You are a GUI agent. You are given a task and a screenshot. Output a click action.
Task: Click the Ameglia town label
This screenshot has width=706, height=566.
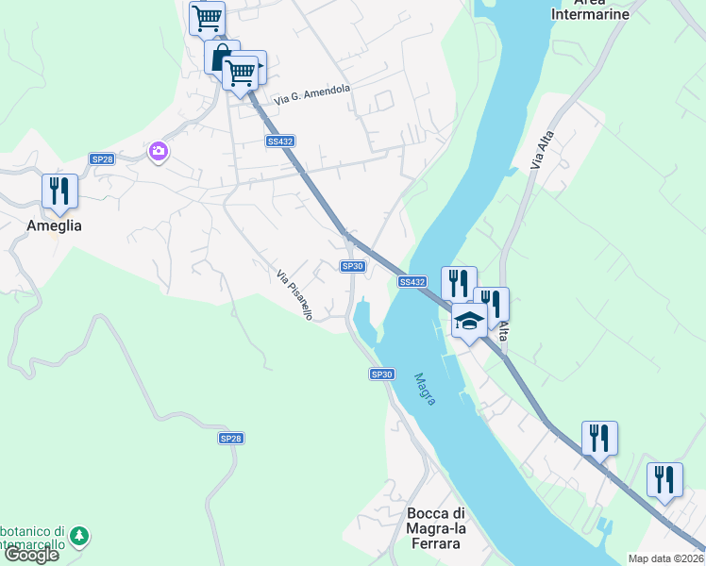tap(54, 225)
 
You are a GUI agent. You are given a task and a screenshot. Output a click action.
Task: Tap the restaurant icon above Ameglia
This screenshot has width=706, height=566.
tap(60, 191)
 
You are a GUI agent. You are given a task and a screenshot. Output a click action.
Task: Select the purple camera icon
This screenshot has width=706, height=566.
tap(158, 151)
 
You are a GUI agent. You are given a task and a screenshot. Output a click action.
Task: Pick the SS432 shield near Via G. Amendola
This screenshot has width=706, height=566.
tap(279, 141)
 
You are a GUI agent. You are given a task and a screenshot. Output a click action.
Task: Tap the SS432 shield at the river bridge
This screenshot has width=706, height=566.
tap(412, 281)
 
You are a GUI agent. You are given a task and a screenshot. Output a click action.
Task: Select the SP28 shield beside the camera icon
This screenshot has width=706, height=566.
tap(102, 159)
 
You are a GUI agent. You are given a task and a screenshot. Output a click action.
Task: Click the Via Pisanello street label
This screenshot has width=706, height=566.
tap(294, 295)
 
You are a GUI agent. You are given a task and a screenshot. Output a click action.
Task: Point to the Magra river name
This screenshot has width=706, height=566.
tap(425, 389)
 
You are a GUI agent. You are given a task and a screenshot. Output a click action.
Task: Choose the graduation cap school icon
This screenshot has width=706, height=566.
tap(469, 321)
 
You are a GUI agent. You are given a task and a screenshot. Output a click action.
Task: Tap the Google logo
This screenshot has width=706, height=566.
tap(31, 555)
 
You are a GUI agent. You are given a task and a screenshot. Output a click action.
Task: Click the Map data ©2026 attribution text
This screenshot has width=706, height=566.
tap(666, 558)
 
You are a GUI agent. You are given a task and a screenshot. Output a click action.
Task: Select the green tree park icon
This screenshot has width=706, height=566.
tap(80, 536)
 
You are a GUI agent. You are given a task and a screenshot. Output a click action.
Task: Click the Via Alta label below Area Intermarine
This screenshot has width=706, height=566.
tap(539, 150)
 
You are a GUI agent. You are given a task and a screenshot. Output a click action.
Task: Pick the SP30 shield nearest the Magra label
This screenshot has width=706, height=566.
tap(380, 375)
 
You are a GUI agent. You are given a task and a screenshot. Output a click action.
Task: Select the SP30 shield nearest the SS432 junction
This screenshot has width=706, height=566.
tap(353, 267)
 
